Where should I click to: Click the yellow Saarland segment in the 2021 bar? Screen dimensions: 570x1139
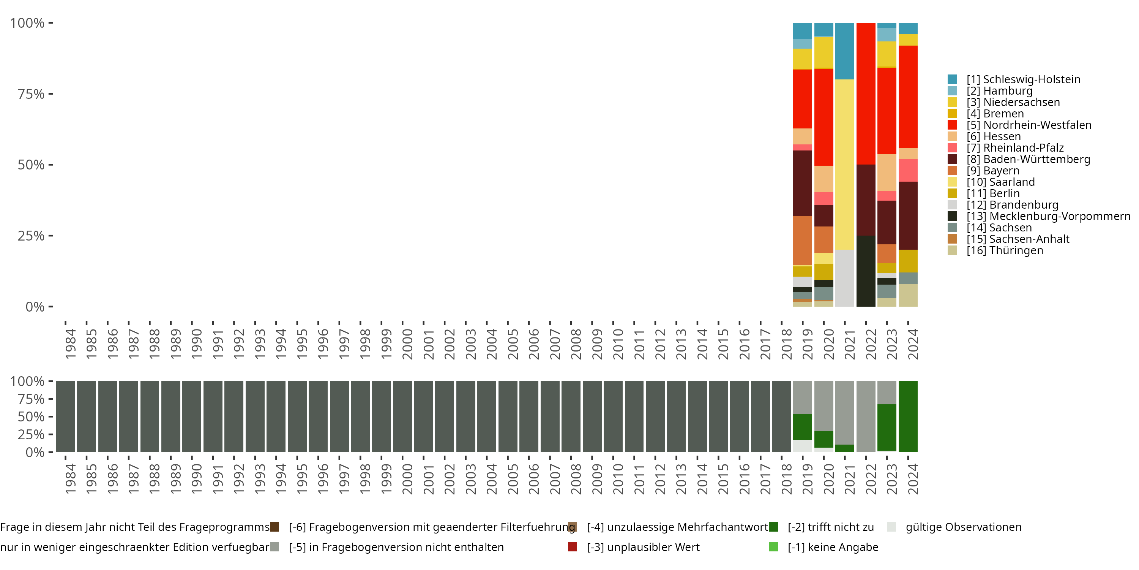pos(844,164)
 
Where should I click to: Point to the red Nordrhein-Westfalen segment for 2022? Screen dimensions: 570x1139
pos(866,93)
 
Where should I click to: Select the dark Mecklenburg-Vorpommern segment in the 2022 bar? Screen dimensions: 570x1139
pos(866,271)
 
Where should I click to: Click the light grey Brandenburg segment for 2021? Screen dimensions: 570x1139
pos(844,278)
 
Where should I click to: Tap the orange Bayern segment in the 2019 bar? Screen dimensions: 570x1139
pos(803,240)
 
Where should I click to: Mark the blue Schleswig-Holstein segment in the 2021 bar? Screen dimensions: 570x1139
pos(844,51)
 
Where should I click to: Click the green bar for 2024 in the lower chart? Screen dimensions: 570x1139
pos(908,416)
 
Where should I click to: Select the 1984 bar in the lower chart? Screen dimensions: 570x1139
pos(65,416)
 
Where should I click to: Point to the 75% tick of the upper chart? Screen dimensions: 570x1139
pos(31,94)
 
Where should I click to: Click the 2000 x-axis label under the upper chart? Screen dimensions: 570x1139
pos(407,344)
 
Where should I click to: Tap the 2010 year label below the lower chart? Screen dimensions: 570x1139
pos(618,479)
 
